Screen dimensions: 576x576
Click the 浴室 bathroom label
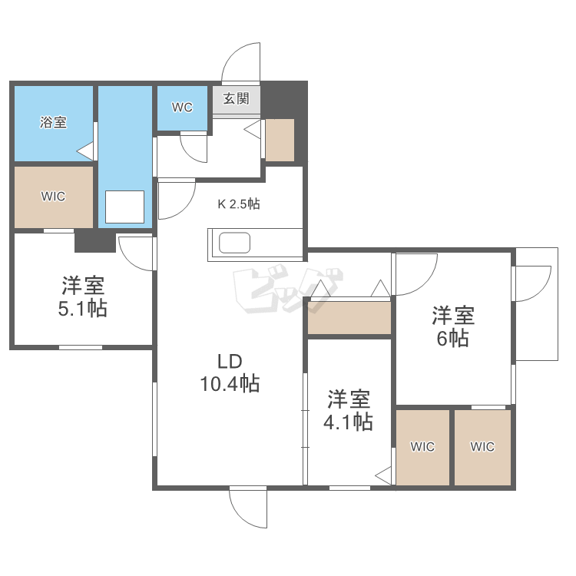coord(53,122)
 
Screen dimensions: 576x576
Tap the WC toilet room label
coord(182,108)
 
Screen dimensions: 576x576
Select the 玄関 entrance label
coord(237,98)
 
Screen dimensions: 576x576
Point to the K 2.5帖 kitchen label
coord(239,204)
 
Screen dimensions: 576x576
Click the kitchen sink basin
coord(235,243)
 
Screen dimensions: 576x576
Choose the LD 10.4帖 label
coord(230,372)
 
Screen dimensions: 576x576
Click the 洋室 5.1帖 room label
coord(84,298)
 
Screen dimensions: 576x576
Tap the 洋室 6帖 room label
coord(453,327)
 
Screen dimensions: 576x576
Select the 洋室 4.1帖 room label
coord(350,411)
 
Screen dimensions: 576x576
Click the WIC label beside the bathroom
coord(53,196)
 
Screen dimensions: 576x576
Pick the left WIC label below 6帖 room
coord(422,447)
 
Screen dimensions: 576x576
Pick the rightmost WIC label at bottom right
coord(482,447)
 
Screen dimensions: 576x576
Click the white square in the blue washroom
coord(124,206)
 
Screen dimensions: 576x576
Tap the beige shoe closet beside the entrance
coord(280,140)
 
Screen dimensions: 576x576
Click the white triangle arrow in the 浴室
coord(86,151)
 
